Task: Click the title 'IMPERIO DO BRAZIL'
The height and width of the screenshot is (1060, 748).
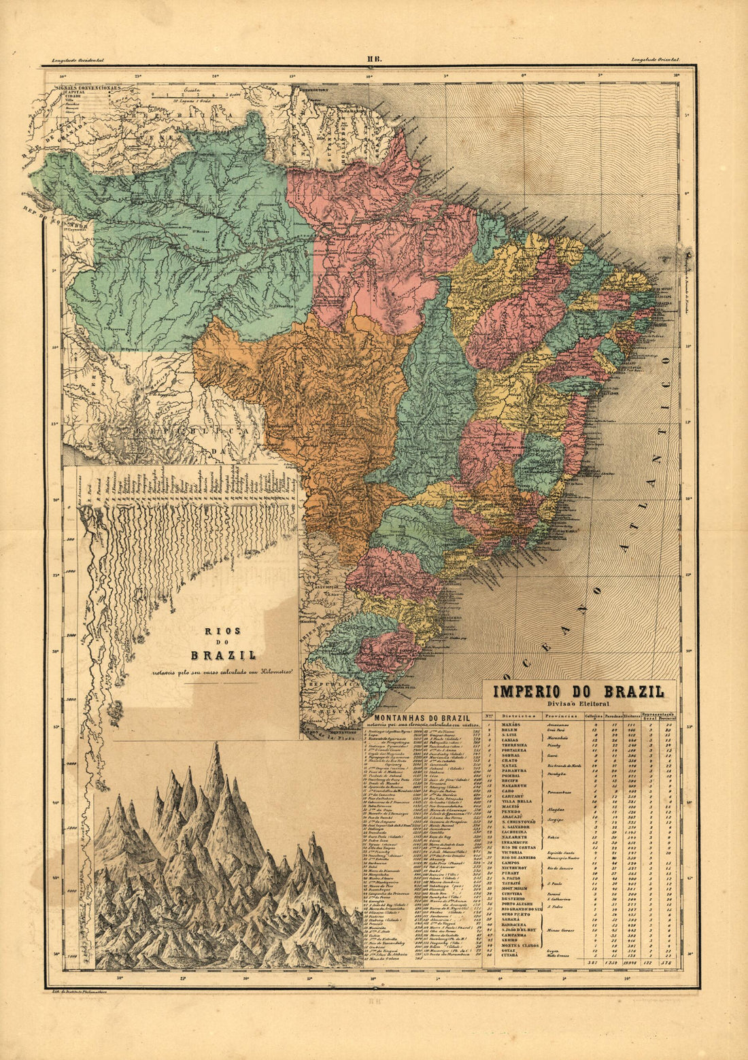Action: [579, 692]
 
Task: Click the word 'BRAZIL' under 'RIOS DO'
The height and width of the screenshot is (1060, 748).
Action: [223, 656]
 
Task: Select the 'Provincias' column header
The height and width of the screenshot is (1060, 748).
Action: [558, 716]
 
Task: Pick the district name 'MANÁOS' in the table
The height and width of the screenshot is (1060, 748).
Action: [511, 725]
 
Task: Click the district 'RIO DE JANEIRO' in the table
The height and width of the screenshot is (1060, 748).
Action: [522, 858]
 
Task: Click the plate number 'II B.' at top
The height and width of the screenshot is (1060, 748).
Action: [374, 60]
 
